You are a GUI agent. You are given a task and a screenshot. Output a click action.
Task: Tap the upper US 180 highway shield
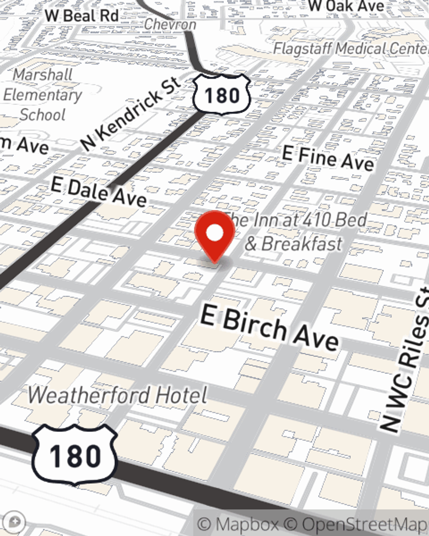(x=221, y=95)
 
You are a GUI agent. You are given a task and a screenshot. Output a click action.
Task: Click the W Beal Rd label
(x=82, y=16)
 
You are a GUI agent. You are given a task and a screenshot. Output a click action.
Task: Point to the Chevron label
(x=170, y=24)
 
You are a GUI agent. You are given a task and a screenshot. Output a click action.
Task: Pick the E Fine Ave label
(x=328, y=158)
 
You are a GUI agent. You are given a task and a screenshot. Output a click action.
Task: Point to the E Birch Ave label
(x=269, y=328)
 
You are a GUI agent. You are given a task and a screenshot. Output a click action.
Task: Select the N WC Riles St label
(x=405, y=360)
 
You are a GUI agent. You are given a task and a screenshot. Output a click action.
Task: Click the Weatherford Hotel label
(x=118, y=395)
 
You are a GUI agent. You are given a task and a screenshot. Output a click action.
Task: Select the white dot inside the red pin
(x=215, y=233)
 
